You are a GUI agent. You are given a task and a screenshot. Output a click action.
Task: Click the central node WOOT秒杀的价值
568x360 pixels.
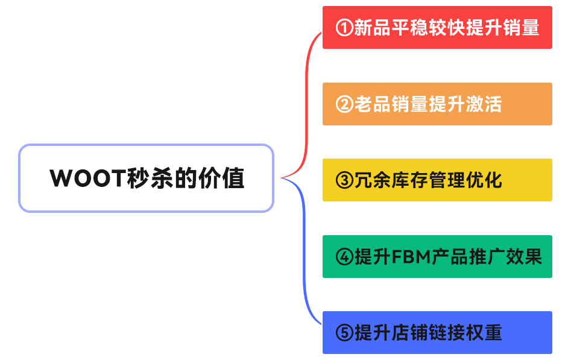[x=147, y=178]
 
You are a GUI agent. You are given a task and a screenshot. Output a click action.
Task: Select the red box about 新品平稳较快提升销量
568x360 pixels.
[x=437, y=28]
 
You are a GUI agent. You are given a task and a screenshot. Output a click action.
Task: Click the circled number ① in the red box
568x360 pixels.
[x=344, y=28]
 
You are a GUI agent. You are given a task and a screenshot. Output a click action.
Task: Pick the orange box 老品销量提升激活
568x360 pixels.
[x=437, y=104]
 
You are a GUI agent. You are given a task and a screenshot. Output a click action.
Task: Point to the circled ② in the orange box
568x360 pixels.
[x=344, y=104]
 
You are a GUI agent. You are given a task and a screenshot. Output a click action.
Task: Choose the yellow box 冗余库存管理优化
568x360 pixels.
[x=437, y=180]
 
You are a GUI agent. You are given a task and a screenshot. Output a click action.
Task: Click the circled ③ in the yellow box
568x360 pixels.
[x=344, y=180]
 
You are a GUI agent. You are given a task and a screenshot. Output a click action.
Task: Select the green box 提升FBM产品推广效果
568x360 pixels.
[x=437, y=256]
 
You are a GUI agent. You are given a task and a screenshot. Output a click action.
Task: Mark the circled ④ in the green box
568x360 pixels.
[x=344, y=257]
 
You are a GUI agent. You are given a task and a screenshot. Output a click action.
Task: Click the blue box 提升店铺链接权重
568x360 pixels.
[x=437, y=332]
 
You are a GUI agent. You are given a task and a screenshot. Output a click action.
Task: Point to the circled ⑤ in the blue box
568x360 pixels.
[x=344, y=333]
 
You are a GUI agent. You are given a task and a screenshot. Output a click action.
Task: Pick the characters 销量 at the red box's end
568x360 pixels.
[x=520, y=28]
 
